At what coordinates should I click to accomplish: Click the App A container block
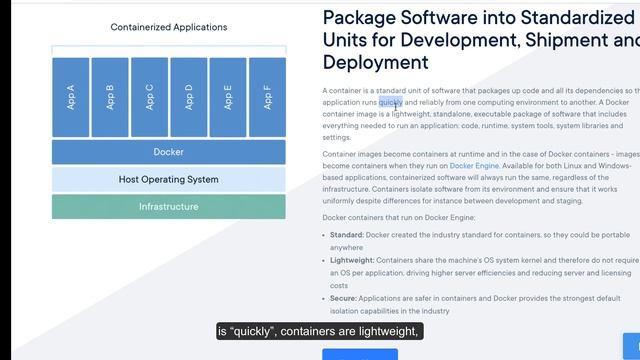click(71, 97)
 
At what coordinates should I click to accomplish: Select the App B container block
click(110, 97)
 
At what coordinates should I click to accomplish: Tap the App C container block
click(149, 97)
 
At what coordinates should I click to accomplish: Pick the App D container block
click(189, 97)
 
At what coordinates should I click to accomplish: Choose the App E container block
click(228, 97)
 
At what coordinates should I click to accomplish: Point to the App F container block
click(267, 97)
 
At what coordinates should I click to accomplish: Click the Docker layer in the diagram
click(169, 152)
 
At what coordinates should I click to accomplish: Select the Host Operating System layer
click(169, 180)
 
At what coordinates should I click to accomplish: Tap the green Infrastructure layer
click(169, 207)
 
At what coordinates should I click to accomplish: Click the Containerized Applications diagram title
click(169, 28)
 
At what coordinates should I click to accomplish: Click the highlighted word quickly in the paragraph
click(391, 101)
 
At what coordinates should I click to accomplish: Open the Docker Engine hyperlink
click(475, 165)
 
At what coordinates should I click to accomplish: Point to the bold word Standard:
click(346, 235)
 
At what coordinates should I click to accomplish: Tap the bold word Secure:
click(344, 298)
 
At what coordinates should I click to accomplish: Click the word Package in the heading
click(366, 18)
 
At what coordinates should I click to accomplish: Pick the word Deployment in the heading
click(375, 62)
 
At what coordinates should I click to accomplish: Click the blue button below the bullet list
click(359, 354)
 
